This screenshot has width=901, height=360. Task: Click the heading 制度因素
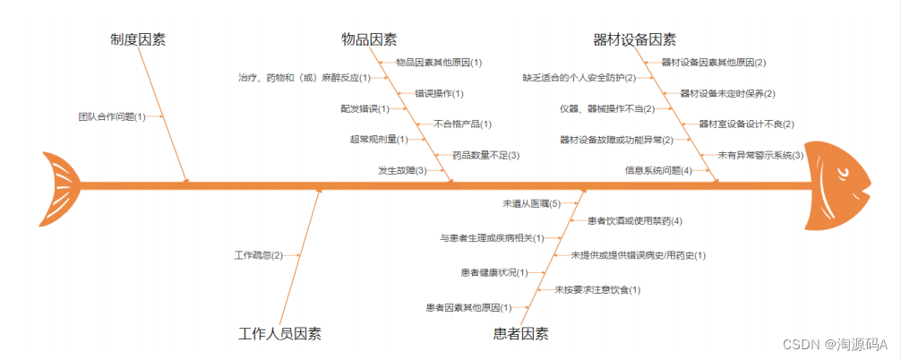click(x=138, y=39)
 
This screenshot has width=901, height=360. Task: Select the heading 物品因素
click(x=369, y=39)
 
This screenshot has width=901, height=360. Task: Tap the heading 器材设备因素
click(x=635, y=39)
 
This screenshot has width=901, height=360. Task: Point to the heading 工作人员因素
click(x=280, y=334)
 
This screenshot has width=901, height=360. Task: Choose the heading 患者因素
click(x=521, y=334)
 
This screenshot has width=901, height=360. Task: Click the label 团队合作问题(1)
click(x=112, y=116)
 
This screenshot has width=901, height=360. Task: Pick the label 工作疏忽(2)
click(x=258, y=255)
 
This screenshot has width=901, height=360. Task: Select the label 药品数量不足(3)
click(x=485, y=155)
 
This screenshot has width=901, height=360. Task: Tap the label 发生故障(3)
click(x=402, y=170)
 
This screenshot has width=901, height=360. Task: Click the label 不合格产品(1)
click(x=462, y=124)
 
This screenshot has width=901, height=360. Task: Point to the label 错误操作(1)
click(x=439, y=93)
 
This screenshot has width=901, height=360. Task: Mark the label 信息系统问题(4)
click(x=658, y=170)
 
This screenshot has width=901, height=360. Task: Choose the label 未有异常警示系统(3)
click(x=760, y=155)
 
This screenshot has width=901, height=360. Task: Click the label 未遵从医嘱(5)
click(x=531, y=204)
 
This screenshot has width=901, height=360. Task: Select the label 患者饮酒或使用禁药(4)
click(x=635, y=220)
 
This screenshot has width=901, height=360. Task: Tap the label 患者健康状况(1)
click(x=493, y=272)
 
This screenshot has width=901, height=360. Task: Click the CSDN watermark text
click(x=834, y=344)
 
